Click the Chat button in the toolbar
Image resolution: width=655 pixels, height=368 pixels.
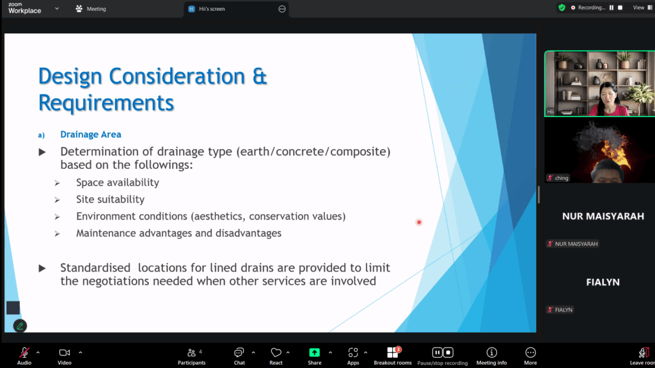(x=239, y=353)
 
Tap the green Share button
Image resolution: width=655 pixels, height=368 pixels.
(x=315, y=353)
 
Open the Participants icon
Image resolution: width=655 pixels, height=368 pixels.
(x=191, y=353)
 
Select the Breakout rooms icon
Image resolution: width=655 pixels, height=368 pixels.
(x=393, y=353)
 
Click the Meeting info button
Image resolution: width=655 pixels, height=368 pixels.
(x=492, y=353)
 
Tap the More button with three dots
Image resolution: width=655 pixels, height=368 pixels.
(x=530, y=353)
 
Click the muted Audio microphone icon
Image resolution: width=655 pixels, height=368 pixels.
(x=24, y=353)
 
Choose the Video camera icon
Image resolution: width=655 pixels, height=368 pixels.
(x=65, y=353)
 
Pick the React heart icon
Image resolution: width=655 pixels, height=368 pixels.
(x=276, y=353)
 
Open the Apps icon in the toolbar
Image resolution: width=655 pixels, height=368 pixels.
(x=353, y=353)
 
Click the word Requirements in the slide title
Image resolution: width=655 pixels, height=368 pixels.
(x=106, y=103)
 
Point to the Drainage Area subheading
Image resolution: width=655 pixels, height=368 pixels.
(x=91, y=134)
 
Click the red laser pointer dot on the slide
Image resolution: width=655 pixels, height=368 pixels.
(x=419, y=222)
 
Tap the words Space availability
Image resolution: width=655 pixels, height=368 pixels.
(x=118, y=182)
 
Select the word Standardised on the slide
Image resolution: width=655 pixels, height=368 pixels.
(x=95, y=268)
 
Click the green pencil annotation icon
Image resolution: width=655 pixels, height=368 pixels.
(x=20, y=326)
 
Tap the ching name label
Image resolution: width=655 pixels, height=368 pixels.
(x=562, y=178)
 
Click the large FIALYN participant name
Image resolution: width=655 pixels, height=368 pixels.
(x=603, y=282)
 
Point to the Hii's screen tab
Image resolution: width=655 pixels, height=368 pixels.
(x=212, y=9)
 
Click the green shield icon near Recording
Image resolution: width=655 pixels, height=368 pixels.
(x=562, y=8)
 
